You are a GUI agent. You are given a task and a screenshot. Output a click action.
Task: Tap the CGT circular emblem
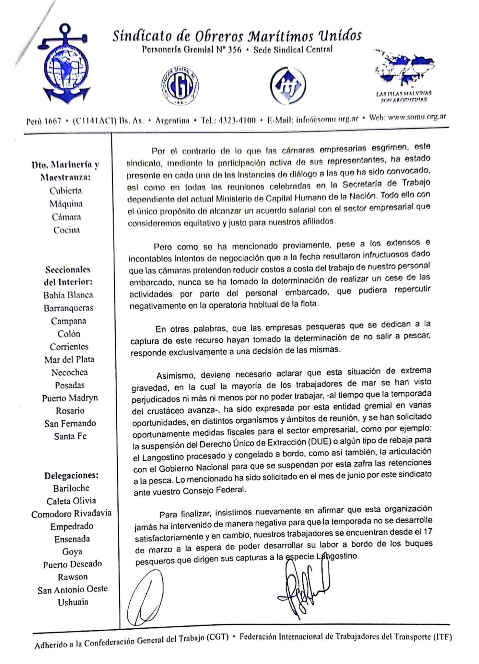(x=180, y=86)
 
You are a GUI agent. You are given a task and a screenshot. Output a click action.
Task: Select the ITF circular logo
(x=288, y=85)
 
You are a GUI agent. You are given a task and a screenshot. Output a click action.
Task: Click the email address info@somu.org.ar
(x=327, y=119)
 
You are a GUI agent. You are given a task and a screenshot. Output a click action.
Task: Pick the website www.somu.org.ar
(x=417, y=117)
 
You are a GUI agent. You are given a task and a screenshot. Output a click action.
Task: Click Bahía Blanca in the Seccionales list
(x=68, y=295)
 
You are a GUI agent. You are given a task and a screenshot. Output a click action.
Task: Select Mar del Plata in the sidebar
(x=69, y=359)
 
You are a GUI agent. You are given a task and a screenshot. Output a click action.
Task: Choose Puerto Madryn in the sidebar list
(x=70, y=398)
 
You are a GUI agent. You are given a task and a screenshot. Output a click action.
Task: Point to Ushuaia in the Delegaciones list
(x=73, y=602)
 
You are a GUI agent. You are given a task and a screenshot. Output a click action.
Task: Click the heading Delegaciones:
(x=71, y=476)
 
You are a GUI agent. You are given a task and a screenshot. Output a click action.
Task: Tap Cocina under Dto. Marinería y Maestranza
(x=67, y=230)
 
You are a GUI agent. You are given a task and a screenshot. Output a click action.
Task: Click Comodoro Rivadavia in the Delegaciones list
(x=71, y=514)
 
